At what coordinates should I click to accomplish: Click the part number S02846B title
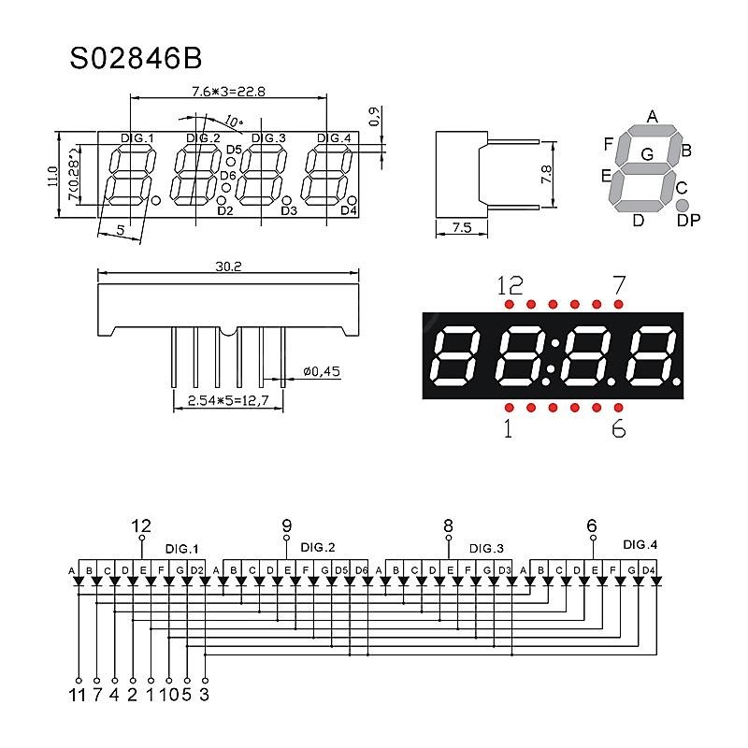point(136,59)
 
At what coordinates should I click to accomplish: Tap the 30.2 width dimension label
point(228,266)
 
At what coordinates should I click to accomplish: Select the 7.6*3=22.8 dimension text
point(228,91)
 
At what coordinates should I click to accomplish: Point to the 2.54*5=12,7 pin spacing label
point(228,400)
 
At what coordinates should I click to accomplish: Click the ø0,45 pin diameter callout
point(322,371)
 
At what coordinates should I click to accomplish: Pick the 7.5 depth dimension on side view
point(462,227)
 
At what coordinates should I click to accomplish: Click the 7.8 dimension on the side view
point(547,174)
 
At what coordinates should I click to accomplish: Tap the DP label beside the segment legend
point(688,220)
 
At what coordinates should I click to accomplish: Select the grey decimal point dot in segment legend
point(683,205)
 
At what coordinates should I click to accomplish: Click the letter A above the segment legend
point(652,116)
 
